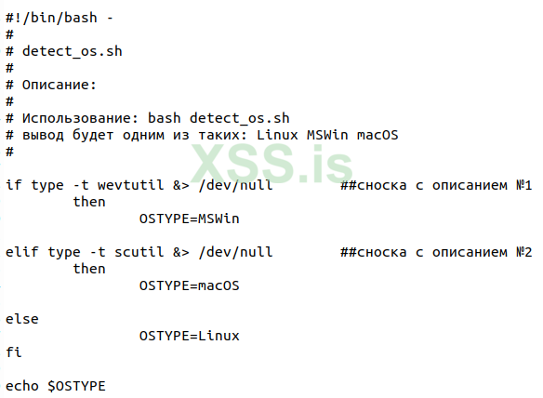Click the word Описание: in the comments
pos(60,85)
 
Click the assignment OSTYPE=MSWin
pos(189,219)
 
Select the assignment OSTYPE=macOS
pos(189,285)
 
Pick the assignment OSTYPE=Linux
pos(189,336)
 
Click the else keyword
pos(22,319)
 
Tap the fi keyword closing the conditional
pos(13,352)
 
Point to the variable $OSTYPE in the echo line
pos(76,386)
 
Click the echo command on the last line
pos(22,386)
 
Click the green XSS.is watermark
pos(271,167)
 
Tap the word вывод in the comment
pos(43,135)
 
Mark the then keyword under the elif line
pos(89,269)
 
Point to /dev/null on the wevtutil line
pos(234,185)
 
